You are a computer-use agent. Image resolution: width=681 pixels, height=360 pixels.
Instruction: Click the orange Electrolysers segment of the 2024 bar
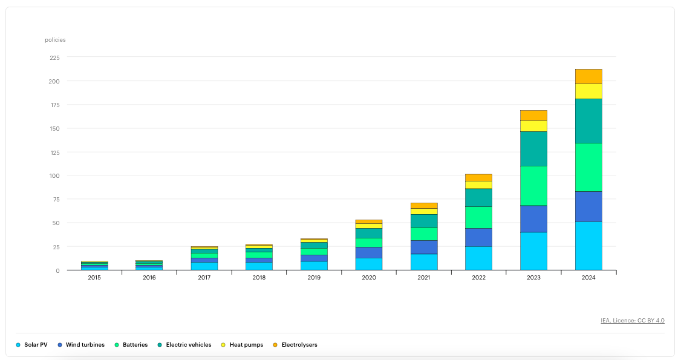click(x=588, y=76)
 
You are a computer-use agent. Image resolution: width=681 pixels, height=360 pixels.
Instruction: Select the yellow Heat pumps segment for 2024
click(x=588, y=91)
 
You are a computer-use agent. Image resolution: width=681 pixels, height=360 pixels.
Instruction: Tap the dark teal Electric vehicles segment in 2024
click(x=588, y=121)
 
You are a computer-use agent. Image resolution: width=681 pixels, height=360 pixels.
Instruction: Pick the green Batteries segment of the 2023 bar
click(x=533, y=186)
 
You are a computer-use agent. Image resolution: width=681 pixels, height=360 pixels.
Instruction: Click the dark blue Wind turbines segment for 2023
click(x=533, y=219)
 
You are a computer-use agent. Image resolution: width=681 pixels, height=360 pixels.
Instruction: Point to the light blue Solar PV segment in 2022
click(x=478, y=258)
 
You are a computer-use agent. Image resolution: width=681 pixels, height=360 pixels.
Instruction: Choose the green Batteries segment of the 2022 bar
click(x=478, y=218)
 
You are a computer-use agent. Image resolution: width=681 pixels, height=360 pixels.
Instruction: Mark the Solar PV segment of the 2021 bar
click(x=423, y=263)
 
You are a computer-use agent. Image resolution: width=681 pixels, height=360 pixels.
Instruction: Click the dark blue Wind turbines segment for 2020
click(x=369, y=253)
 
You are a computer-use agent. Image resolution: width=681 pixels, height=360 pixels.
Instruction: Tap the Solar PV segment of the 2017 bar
click(x=204, y=266)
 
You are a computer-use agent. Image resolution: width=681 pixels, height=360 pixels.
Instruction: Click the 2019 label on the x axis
click(x=314, y=278)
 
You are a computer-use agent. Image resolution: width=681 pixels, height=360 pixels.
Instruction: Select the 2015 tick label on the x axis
click(x=94, y=278)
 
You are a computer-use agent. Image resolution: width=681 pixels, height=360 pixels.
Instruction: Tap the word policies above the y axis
click(x=55, y=40)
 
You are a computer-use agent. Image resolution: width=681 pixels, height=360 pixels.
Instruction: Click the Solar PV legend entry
click(x=31, y=345)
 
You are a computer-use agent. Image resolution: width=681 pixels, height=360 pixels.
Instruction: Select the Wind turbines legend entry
click(x=81, y=345)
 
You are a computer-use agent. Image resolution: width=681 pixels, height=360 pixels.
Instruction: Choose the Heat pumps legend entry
click(x=242, y=345)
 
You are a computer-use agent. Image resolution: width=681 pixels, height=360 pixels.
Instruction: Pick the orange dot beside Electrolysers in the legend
click(x=275, y=345)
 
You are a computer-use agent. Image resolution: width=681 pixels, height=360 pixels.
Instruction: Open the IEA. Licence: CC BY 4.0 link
click(x=633, y=321)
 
